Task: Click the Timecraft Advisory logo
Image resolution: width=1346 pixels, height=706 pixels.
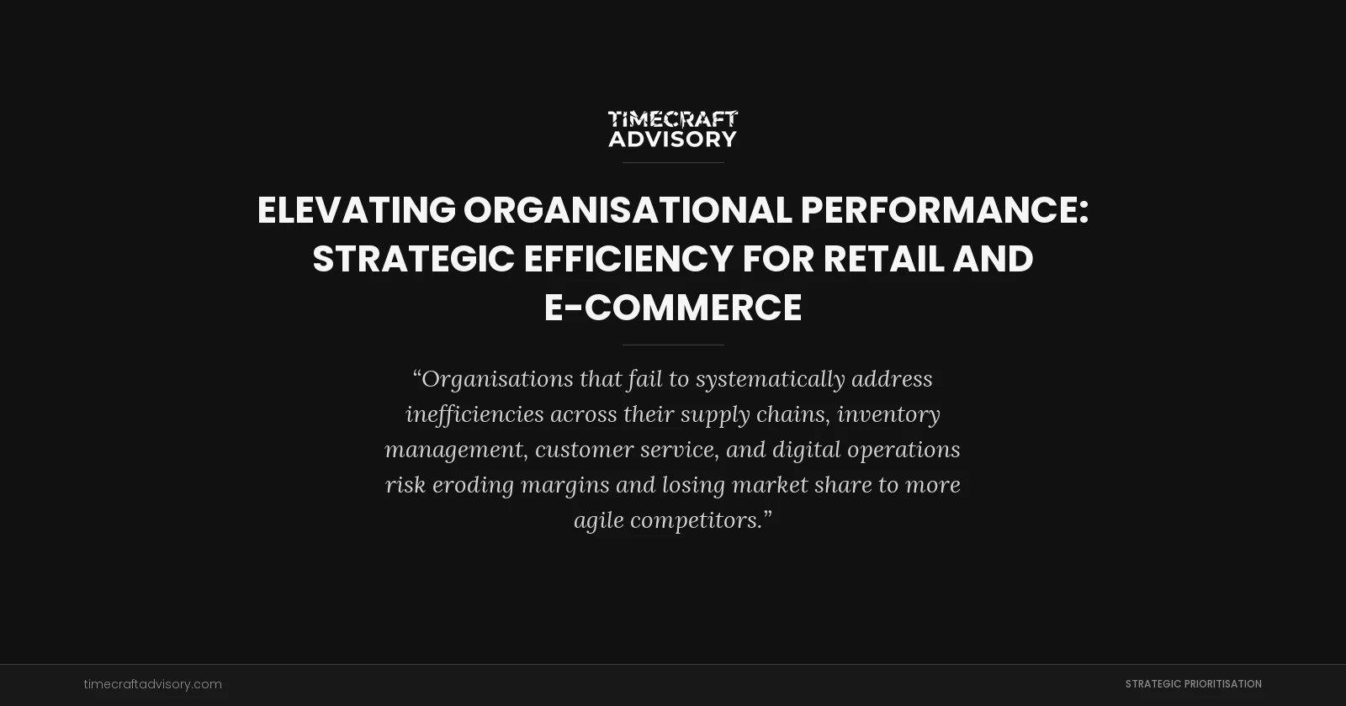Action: pyautogui.click(x=673, y=129)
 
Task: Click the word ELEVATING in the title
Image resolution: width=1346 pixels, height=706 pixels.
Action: pyautogui.click(x=356, y=210)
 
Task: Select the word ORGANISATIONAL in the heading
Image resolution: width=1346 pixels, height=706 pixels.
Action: pyautogui.click(x=628, y=210)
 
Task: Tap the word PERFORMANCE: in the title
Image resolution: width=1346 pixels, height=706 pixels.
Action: pyautogui.click(x=944, y=210)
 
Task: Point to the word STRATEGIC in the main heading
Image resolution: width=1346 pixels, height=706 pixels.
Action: pyautogui.click(x=413, y=259)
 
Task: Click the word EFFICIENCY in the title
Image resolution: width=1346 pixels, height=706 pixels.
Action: pyautogui.click(x=628, y=259)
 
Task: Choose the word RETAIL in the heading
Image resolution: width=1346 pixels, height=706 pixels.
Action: pyautogui.click(x=883, y=259)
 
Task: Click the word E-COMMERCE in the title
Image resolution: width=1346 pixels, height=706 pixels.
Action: pyautogui.click(x=673, y=308)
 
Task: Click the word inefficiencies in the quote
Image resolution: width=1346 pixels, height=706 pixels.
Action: pyautogui.click(x=474, y=414)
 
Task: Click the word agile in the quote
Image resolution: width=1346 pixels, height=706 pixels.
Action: pyautogui.click(x=598, y=520)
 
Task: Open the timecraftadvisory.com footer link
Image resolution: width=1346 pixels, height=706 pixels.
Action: pyautogui.click(x=153, y=684)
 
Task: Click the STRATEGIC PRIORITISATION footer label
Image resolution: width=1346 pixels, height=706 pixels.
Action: pyautogui.click(x=1193, y=684)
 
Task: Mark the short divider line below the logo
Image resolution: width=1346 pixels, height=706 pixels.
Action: pyautogui.click(x=673, y=162)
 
